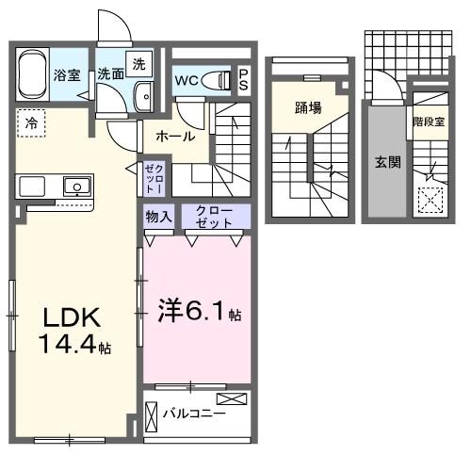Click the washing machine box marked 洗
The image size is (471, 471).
tap(138, 64)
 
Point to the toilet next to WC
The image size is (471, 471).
tap(219, 80)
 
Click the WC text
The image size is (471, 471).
tap(186, 80)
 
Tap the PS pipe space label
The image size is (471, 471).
tap(243, 80)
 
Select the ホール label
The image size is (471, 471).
tap(176, 137)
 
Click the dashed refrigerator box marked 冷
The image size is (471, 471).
tap(31, 122)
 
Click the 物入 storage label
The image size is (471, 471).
tap(158, 218)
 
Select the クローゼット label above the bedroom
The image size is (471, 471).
tap(207, 218)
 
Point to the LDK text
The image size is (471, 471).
tap(67, 316)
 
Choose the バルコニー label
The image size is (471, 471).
tap(193, 414)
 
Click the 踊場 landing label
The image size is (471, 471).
tap(308, 106)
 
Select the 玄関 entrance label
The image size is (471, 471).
tap(388, 161)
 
